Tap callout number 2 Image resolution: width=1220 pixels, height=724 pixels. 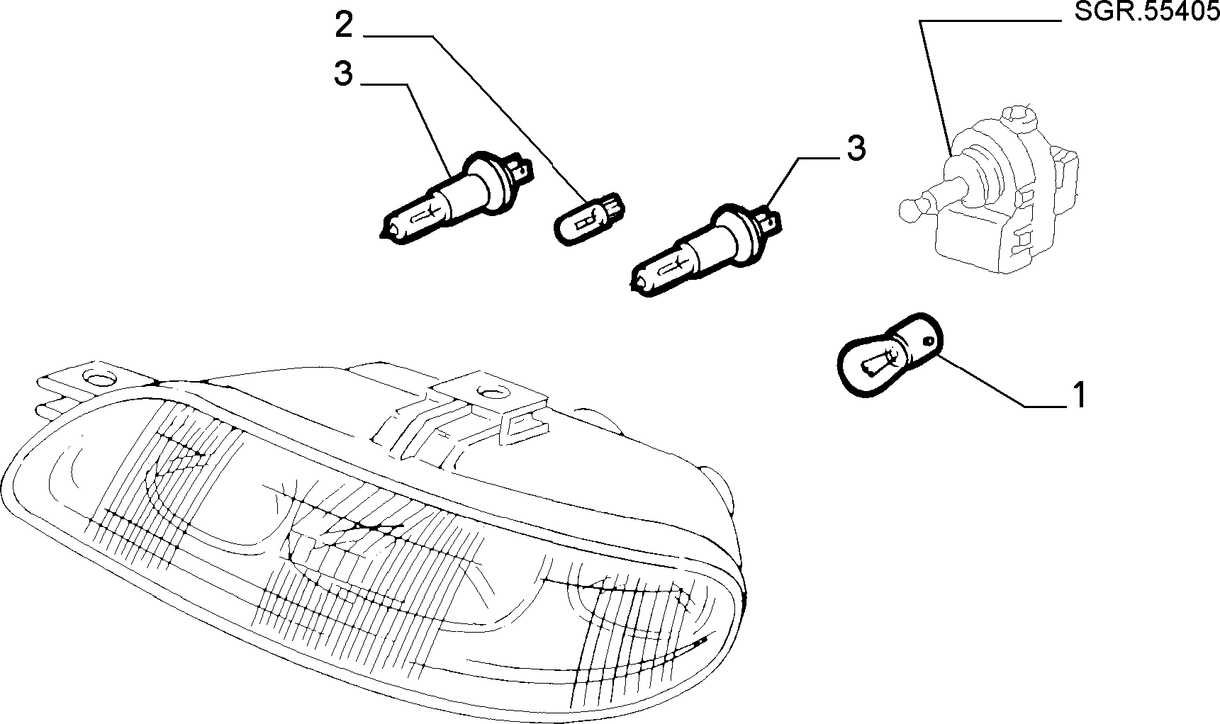point(344,26)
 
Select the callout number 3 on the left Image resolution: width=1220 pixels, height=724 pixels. point(344,74)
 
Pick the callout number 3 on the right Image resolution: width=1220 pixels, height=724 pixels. point(856,149)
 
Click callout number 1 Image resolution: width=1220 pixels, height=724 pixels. point(1079,395)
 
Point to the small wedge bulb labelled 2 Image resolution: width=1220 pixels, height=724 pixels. point(589,220)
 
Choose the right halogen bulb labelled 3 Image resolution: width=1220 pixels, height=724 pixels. point(705,251)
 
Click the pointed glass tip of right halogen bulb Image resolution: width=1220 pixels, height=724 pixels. point(635,285)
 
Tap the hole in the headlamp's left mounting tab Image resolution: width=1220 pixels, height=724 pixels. point(95,377)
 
